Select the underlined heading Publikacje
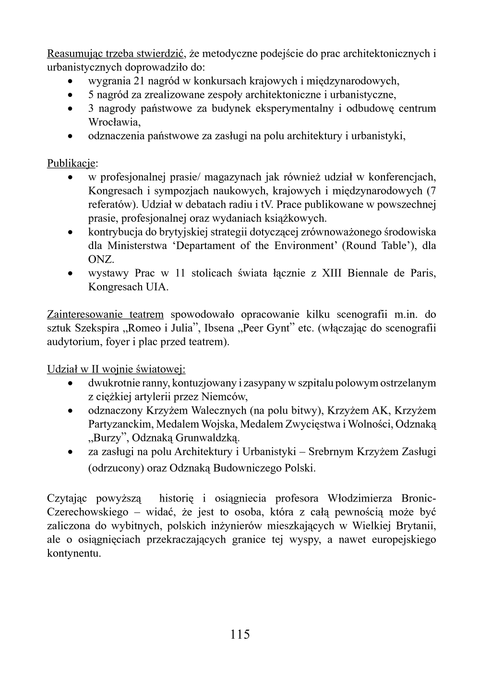(x=71, y=164)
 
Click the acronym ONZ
(x=101, y=260)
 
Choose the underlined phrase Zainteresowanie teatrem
(x=105, y=315)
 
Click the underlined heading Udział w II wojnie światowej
(x=116, y=370)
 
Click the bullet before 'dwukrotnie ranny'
(x=71, y=384)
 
